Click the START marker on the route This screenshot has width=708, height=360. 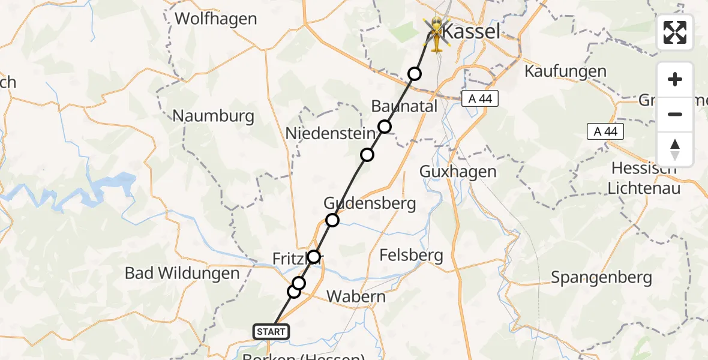[x=272, y=331]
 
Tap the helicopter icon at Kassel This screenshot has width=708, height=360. [x=436, y=35]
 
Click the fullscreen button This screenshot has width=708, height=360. [x=675, y=32]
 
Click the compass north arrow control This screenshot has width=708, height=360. [x=675, y=149]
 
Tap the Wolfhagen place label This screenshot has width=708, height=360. [x=216, y=19]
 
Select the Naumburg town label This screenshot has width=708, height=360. [x=213, y=116]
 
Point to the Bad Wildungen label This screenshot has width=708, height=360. [x=182, y=274]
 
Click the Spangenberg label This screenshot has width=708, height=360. [x=601, y=277]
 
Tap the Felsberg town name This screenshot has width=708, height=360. [x=412, y=256]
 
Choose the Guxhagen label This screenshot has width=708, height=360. [x=458, y=172]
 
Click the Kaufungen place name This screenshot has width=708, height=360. [x=565, y=71]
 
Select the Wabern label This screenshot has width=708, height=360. [x=356, y=296]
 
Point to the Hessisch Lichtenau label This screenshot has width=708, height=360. [x=644, y=178]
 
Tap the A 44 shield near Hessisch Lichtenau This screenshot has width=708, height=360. [x=605, y=131]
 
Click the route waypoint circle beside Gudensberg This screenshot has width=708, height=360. [x=332, y=220]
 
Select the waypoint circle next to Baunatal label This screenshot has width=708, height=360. [x=385, y=127]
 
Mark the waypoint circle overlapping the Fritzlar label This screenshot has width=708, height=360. [x=313, y=257]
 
